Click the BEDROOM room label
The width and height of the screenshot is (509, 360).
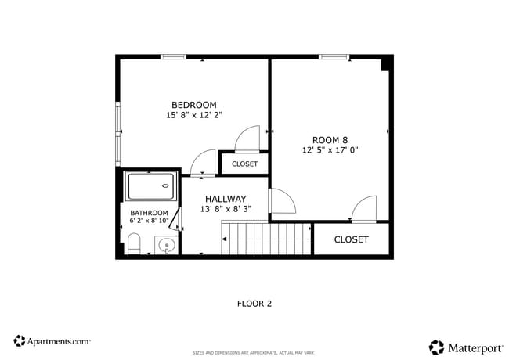193,105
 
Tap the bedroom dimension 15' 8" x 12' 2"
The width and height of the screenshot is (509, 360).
193,115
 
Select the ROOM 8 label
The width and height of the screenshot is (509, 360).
330,139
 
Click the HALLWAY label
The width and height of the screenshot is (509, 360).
226,199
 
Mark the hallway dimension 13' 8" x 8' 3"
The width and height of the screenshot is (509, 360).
226,209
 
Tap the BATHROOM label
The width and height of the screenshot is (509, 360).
149,213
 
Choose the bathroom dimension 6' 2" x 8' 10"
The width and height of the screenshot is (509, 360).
149,221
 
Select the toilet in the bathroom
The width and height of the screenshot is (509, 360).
133,243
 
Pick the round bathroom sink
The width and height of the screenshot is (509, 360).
166,246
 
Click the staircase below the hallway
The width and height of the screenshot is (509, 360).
266,238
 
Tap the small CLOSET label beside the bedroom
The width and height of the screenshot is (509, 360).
244,164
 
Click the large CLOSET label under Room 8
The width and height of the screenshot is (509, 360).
351,239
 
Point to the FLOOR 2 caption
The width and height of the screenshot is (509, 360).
254,303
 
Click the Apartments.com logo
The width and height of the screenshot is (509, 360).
52,341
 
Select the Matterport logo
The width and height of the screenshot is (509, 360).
465,346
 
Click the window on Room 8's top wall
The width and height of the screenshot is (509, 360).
334,56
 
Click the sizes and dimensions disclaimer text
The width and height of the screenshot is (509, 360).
254,353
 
